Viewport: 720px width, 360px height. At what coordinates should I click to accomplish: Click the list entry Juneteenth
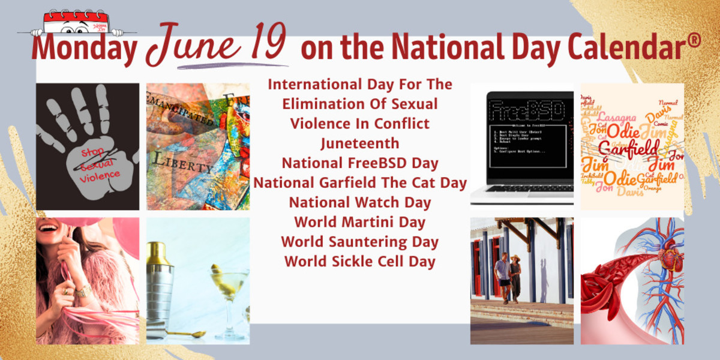pyautogui.click(x=359, y=143)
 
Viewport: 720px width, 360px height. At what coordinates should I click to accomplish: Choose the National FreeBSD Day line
pyautogui.click(x=359, y=163)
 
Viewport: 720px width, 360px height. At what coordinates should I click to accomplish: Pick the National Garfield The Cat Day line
pyautogui.click(x=359, y=182)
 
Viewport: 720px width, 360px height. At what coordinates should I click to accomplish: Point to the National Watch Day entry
pyautogui.click(x=359, y=202)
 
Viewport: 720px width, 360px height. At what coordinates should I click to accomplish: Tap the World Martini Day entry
pyautogui.click(x=359, y=222)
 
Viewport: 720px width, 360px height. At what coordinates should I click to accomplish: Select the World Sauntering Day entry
pyautogui.click(x=359, y=242)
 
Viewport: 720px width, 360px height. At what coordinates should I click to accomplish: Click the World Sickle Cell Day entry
pyautogui.click(x=359, y=262)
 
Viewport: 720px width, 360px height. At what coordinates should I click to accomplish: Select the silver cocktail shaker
pyautogui.click(x=159, y=282)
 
